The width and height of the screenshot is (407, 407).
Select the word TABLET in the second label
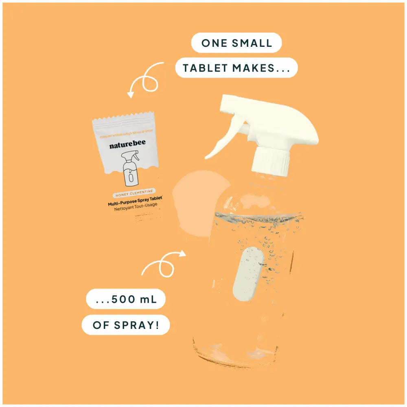pyautogui.click(x=205, y=68)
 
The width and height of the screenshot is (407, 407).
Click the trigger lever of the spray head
pyautogui.click(x=223, y=138)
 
